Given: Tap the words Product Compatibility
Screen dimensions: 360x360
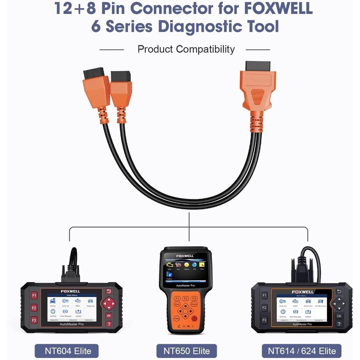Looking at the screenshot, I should [186, 49].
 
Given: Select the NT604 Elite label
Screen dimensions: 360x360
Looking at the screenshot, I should [66, 351].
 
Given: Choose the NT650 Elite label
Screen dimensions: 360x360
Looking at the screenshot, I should [186, 351].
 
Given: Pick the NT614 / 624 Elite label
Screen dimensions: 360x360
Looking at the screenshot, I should [302, 351].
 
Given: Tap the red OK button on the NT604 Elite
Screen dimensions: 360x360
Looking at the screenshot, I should [108, 315].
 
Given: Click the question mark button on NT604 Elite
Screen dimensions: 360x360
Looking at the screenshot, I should [108, 324].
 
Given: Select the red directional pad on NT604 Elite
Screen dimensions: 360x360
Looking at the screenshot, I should [108, 304].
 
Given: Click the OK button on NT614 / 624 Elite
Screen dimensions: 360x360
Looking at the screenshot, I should [338, 315].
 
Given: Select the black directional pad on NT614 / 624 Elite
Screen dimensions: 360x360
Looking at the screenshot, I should [338, 303].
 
